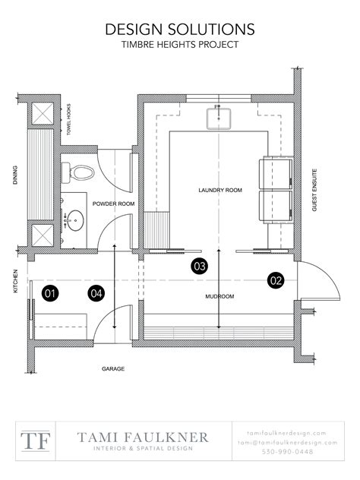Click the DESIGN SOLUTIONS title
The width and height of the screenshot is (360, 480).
tap(179, 29)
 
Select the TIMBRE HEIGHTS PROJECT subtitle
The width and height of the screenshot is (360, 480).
tap(179, 45)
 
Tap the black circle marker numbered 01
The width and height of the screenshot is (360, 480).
tap(50, 292)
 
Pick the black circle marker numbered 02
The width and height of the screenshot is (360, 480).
tap(275, 280)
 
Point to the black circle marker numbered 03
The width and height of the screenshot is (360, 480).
tap(199, 266)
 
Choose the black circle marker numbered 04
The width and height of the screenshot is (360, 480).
tap(96, 292)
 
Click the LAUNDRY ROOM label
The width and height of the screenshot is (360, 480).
tap(219, 190)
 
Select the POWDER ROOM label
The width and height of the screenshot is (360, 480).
tap(113, 204)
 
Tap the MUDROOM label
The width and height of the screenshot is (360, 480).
tap(219, 296)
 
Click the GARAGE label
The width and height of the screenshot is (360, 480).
tap(113, 369)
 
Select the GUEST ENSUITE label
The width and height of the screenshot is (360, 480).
tap(314, 190)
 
